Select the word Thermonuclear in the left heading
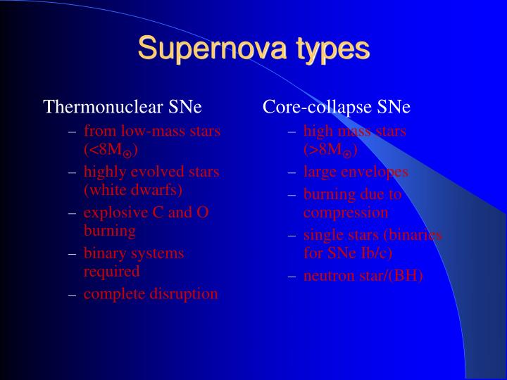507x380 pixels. [104, 107]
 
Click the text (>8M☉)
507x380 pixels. [330, 151]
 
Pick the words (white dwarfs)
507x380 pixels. [133, 190]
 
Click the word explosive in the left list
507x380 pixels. [113, 212]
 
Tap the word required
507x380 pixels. [112, 271]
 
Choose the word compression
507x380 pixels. [346, 213]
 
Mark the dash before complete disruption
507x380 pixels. [72, 294]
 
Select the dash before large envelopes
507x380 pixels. [292, 172]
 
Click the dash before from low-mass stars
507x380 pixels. [72, 132]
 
